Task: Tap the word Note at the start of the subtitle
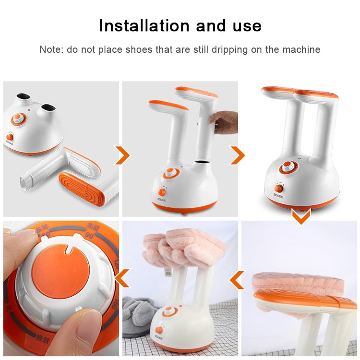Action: click(50, 49)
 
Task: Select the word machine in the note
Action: click(302, 49)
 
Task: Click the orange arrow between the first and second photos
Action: click(122, 156)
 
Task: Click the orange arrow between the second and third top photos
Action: click(237, 156)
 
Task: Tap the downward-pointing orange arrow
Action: click(300, 217)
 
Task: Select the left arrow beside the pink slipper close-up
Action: click(236, 280)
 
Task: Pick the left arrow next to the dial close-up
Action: click(122, 277)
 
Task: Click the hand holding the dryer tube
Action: click(227, 123)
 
